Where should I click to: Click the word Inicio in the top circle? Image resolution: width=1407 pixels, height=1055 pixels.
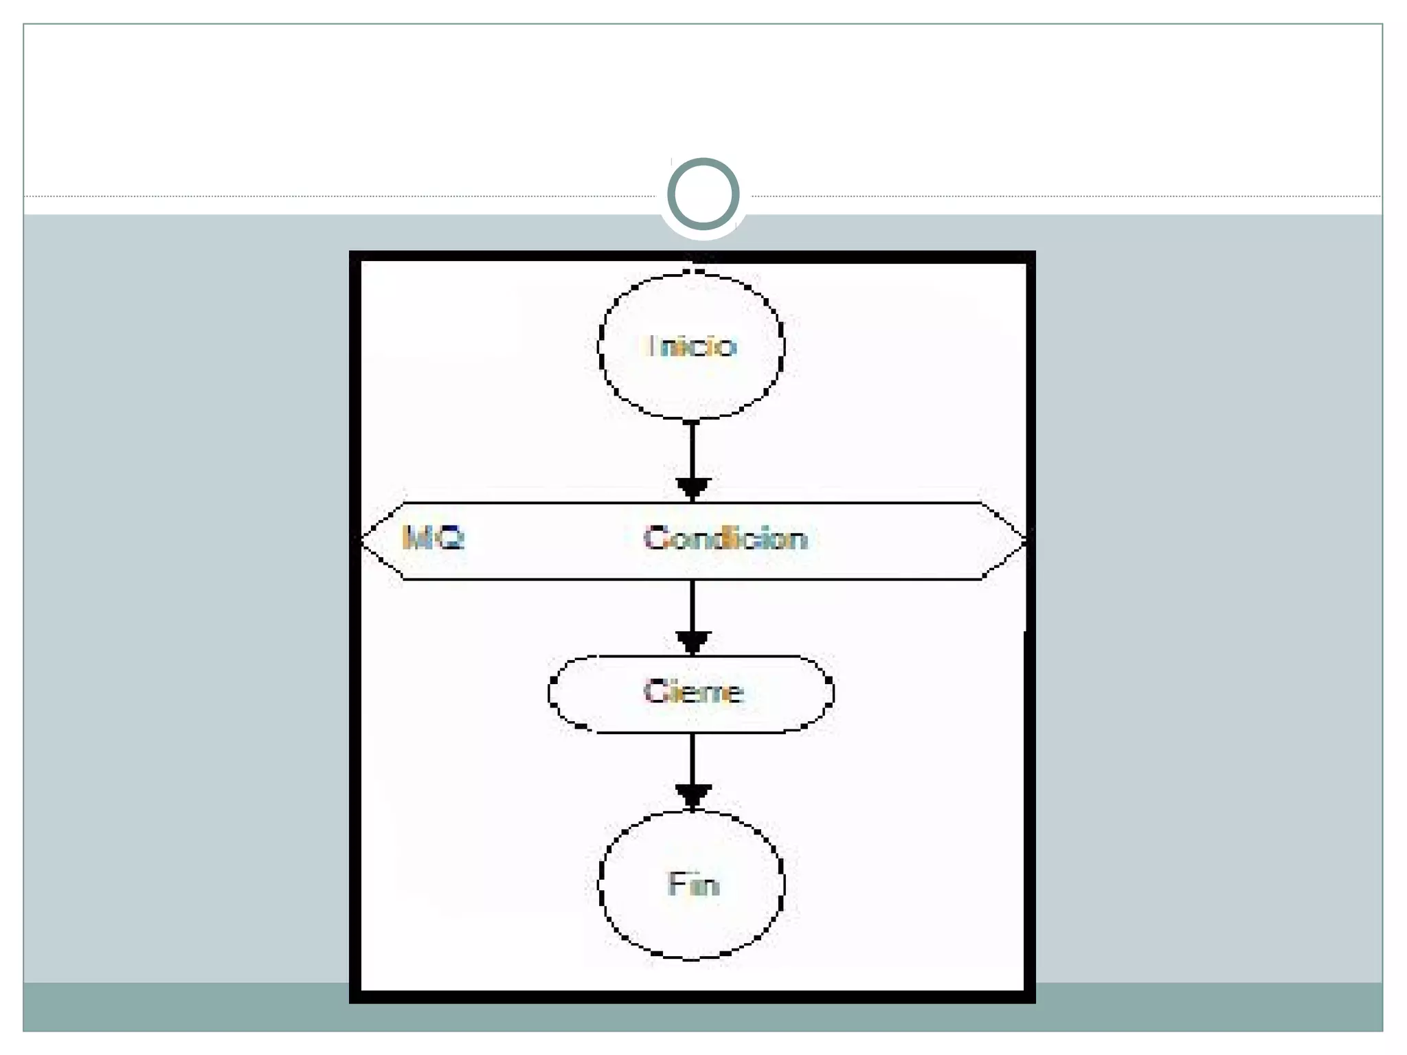tap(692, 345)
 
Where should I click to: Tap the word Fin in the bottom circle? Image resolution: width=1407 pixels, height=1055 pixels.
tap(693, 884)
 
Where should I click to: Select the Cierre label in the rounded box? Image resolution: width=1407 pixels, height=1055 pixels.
tap(693, 692)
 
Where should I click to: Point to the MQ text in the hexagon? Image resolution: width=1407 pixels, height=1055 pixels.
tap(433, 538)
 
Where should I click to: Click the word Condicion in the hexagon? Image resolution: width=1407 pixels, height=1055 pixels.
tap(725, 538)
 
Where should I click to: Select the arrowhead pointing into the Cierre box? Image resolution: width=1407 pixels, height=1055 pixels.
tap(693, 642)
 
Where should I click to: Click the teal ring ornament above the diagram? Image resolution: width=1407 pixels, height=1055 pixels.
tap(703, 194)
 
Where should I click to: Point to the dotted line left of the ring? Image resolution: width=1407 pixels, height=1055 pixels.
tap(344, 196)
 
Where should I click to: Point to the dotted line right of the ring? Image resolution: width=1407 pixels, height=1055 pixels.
tap(1065, 196)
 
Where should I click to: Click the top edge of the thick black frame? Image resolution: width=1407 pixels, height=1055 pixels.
tap(693, 257)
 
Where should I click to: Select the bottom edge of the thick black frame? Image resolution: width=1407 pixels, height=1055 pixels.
tap(693, 997)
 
